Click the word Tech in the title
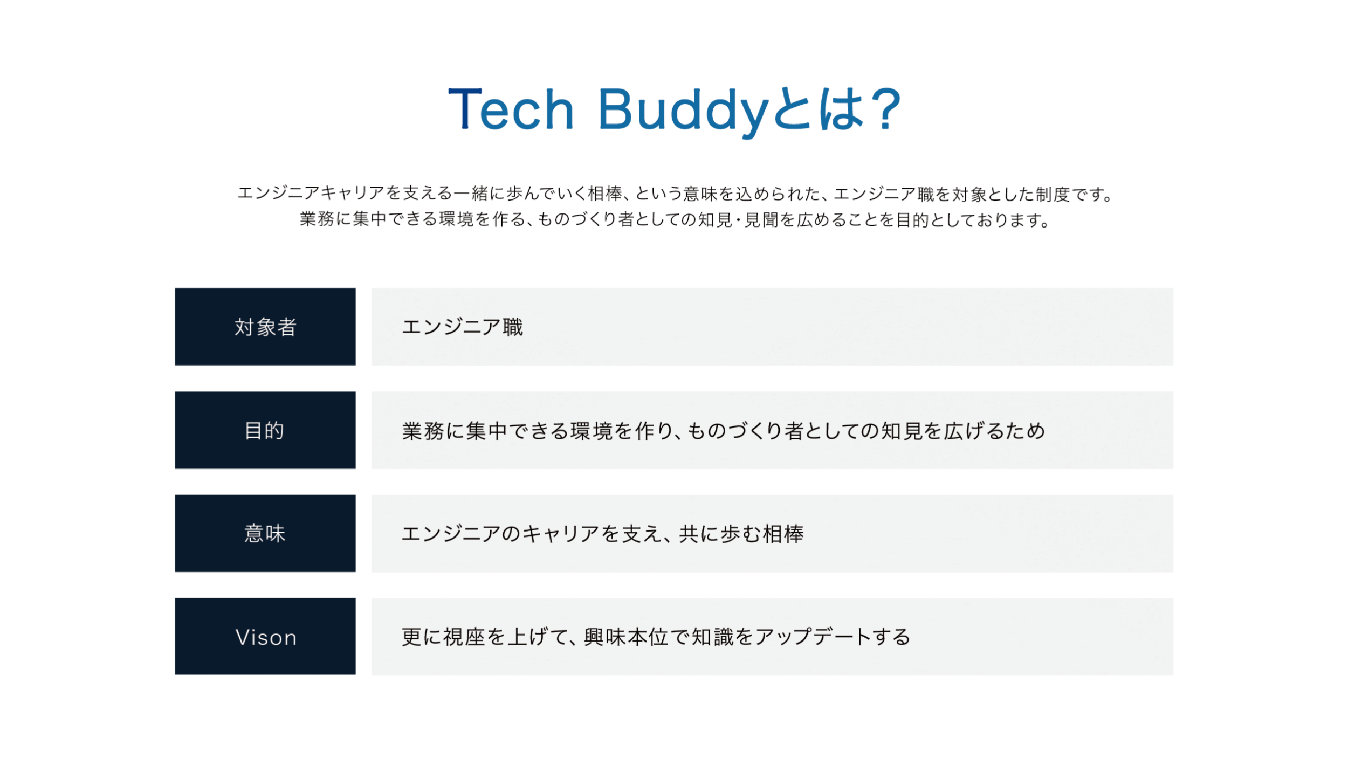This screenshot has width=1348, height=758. (x=511, y=109)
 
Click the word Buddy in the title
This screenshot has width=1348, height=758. (x=683, y=111)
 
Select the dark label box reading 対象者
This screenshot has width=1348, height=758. (x=265, y=327)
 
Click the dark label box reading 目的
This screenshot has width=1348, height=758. (x=265, y=430)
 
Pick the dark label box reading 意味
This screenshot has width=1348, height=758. (x=265, y=534)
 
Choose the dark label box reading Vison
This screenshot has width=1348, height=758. (x=265, y=637)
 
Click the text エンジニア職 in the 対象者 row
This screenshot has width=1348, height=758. (x=462, y=327)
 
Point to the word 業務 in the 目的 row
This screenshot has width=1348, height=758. (x=423, y=431)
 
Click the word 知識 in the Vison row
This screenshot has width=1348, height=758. (x=713, y=637)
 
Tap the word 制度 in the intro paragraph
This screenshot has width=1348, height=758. (x=1053, y=194)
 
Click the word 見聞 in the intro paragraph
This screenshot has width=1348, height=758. (x=762, y=220)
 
